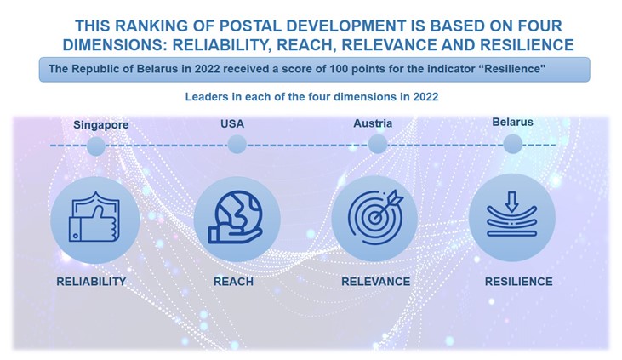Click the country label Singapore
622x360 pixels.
[x=100, y=125]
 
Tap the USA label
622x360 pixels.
[x=232, y=124]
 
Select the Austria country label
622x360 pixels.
[x=373, y=123]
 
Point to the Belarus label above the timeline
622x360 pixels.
[x=512, y=122]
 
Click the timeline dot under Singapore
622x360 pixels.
[x=96, y=146]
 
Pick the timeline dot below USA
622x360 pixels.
[x=237, y=144]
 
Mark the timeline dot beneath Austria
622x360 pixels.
[x=378, y=144]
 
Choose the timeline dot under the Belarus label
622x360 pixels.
[x=513, y=144]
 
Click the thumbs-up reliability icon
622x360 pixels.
[x=94, y=217]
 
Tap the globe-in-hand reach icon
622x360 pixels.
[x=236, y=218]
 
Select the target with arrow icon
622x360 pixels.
[x=375, y=217]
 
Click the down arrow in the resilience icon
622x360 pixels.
[x=511, y=202]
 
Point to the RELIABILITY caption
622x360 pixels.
[x=91, y=282]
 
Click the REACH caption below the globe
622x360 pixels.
[x=233, y=282]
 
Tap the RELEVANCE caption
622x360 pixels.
[x=375, y=282]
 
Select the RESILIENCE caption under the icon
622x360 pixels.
[x=518, y=282]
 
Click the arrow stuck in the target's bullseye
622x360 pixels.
[x=388, y=204]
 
